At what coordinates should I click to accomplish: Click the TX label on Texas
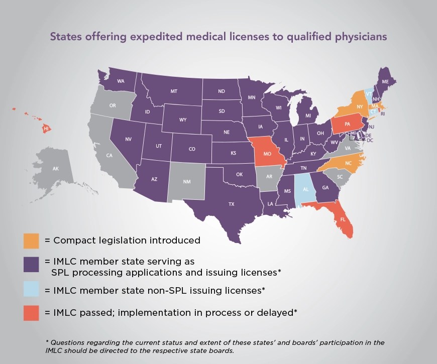point(232,204)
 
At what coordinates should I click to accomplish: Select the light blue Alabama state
point(303,191)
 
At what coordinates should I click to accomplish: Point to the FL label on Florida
point(343,220)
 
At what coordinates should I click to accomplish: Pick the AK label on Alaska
point(56,169)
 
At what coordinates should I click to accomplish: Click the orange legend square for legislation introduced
point(31,240)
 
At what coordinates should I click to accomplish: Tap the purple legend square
point(31,265)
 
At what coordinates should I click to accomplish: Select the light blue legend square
point(31,290)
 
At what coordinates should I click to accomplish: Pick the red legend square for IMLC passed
point(31,312)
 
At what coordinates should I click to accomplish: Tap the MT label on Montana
point(174,91)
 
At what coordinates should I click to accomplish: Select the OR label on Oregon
point(113,105)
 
